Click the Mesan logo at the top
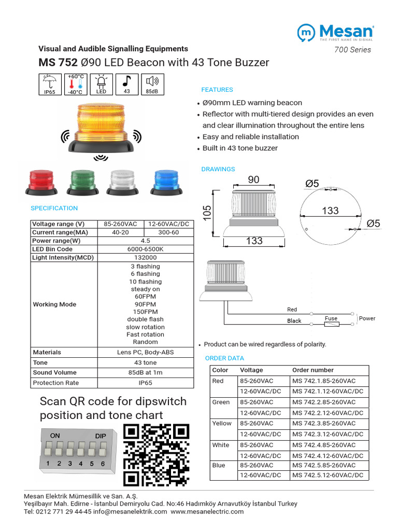[x=335, y=32]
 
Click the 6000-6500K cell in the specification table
[x=145, y=249]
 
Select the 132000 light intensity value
[x=145, y=257]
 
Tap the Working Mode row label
[x=54, y=304]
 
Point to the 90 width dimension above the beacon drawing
[x=253, y=180]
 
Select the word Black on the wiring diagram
[x=294, y=321]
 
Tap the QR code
[x=156, y=455]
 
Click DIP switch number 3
[x=69, y=448]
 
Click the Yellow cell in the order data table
[x=222, y=423]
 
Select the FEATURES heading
[x=217, y=90]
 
